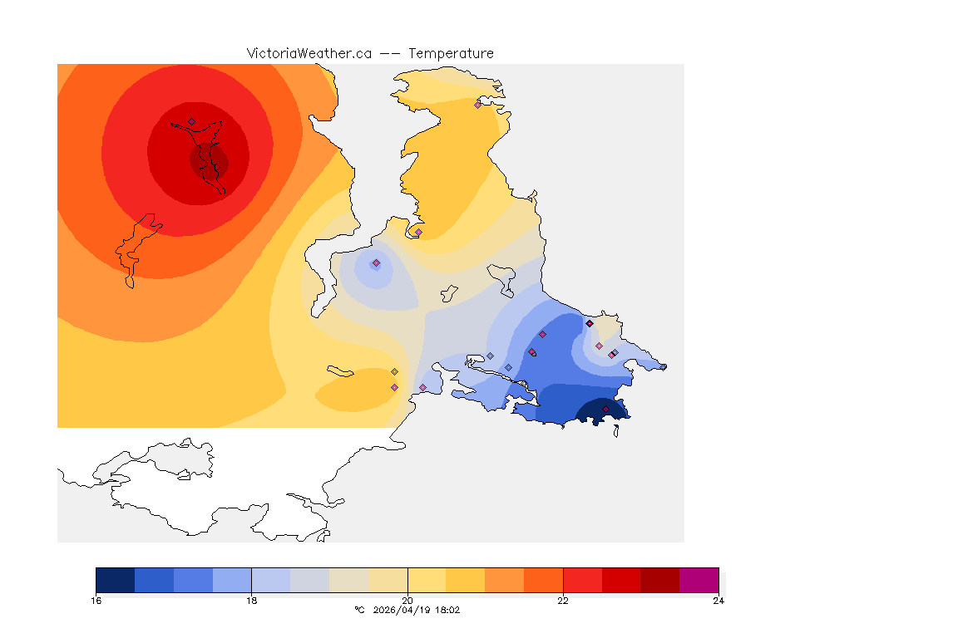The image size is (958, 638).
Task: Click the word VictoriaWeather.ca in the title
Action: (x=309, y=53)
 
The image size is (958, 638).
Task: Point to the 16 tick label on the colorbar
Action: (x=96, y=601)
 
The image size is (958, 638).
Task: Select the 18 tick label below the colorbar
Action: (x=251, y=601)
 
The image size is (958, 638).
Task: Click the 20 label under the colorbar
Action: (x=407, y=601)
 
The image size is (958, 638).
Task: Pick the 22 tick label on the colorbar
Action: (x=563, y=601)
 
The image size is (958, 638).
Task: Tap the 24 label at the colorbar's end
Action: (x=718, y=601)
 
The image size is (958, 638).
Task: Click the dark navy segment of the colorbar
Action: (x=115, y=580)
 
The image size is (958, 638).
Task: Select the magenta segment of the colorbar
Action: (x=699, y=580)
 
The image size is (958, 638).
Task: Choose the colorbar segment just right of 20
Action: (x=427, y=580)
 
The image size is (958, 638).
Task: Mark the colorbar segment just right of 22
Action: (x=582, y=580)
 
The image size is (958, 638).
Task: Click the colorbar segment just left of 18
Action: (x=232, y=580)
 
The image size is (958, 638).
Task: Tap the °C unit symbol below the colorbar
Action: (x=359, y=610)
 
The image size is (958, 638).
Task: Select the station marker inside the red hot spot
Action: (x=191, y=122)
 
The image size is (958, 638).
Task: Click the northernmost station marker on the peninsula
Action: (x=477, y=105)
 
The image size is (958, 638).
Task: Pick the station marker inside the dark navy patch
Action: (x=605, y=409)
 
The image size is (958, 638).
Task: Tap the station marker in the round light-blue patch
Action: (x=376, y=263)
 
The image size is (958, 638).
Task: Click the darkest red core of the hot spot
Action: (x=208, y=159)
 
